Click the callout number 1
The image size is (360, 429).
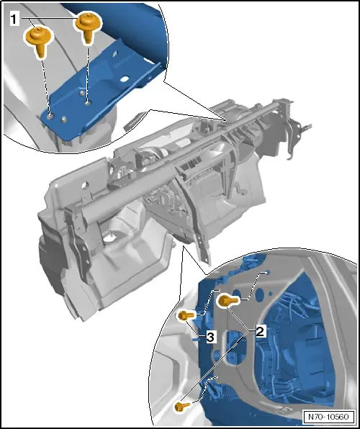pos(14,19)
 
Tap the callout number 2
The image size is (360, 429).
pos(260,331)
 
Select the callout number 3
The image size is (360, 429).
pos(210,338)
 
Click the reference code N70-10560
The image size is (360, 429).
pos(328,417)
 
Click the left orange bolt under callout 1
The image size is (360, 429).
pos(39,40)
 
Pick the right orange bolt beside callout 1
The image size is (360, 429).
pos(88,27)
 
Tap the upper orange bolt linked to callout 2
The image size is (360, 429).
pos(228,301)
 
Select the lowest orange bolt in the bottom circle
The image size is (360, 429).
pos(181,406)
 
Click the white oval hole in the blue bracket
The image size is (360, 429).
pos(125,79)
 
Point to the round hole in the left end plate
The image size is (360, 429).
pos(85,185)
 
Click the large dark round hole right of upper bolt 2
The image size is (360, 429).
pos(260,295)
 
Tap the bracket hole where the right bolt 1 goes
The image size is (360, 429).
pos(88,103)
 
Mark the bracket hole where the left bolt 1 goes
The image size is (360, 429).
pos(50,117)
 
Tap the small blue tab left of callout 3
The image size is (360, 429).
pos(197,339)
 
